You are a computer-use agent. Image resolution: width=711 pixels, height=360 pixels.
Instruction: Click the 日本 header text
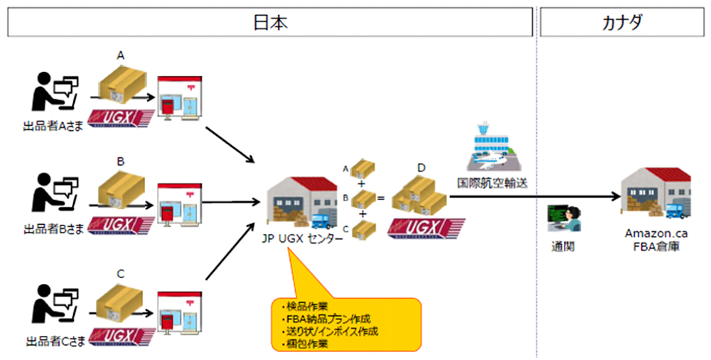tap(270, 21)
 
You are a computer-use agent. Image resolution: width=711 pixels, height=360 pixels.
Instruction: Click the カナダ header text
tap(622, 21)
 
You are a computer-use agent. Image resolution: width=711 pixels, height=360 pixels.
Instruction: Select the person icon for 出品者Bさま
tap(51, 193)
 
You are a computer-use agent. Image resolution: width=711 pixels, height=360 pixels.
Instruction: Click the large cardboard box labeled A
tap(121, 84)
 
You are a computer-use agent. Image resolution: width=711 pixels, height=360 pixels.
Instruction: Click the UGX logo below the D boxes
tap(427, 230)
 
